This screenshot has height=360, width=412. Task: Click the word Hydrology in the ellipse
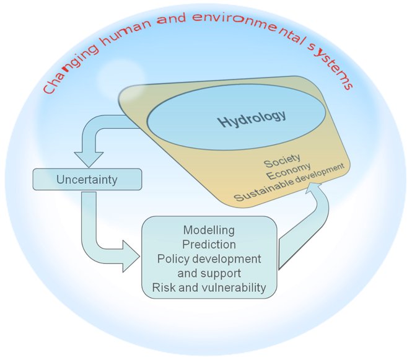252,119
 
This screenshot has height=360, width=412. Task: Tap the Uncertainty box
87,180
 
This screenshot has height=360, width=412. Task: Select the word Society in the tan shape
282,160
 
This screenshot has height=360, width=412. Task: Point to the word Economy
289,171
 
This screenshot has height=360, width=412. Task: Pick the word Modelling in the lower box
209,230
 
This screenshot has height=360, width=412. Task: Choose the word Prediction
209,245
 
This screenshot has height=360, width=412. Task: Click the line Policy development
209,259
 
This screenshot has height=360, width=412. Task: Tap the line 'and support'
209,273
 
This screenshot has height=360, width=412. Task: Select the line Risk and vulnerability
209,288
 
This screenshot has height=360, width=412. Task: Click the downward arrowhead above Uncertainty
89,159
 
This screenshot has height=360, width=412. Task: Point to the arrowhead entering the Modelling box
131,256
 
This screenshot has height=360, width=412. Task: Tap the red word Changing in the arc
71,69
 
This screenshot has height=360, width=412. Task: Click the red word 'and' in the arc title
172,19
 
